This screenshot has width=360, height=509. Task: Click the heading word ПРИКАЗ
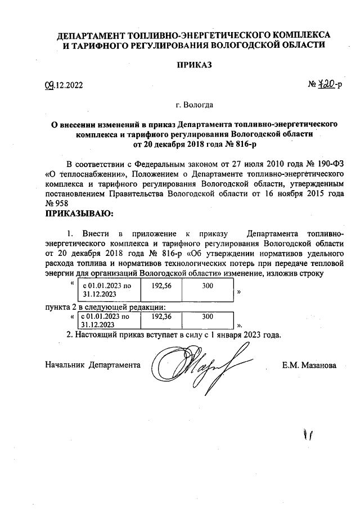[193, 65]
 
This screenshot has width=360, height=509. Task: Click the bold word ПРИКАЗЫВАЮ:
[79, 214]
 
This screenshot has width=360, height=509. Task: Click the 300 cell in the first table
[207, 286]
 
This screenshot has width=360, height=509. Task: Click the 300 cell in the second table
[207, 317]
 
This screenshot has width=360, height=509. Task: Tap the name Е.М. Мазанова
[309, 365]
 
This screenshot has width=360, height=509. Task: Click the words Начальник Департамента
[92, 365]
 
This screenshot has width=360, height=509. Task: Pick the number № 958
[57, 204]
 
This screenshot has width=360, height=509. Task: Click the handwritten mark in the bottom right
[308, 434]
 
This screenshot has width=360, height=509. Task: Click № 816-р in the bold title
[233, 145]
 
